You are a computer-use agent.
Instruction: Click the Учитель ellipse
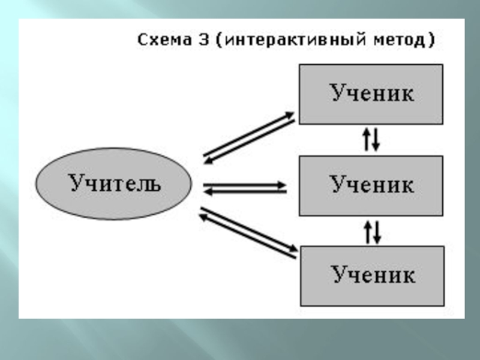(114, 184)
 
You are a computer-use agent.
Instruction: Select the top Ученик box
(371, 94)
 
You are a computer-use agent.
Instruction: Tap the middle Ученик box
(371, 185)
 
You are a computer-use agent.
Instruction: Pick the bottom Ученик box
(372, 275)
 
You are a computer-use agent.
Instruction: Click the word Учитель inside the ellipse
(115, 182)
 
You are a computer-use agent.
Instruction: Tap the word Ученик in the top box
(371, 94)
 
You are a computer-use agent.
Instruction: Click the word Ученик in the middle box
(371, 185)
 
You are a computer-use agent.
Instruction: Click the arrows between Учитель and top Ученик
(248, 137)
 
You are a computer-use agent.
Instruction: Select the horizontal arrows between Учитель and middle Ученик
(245, 188)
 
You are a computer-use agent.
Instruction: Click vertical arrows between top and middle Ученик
(371, 140)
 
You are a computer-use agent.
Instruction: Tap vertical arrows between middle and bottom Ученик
(372, 231)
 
